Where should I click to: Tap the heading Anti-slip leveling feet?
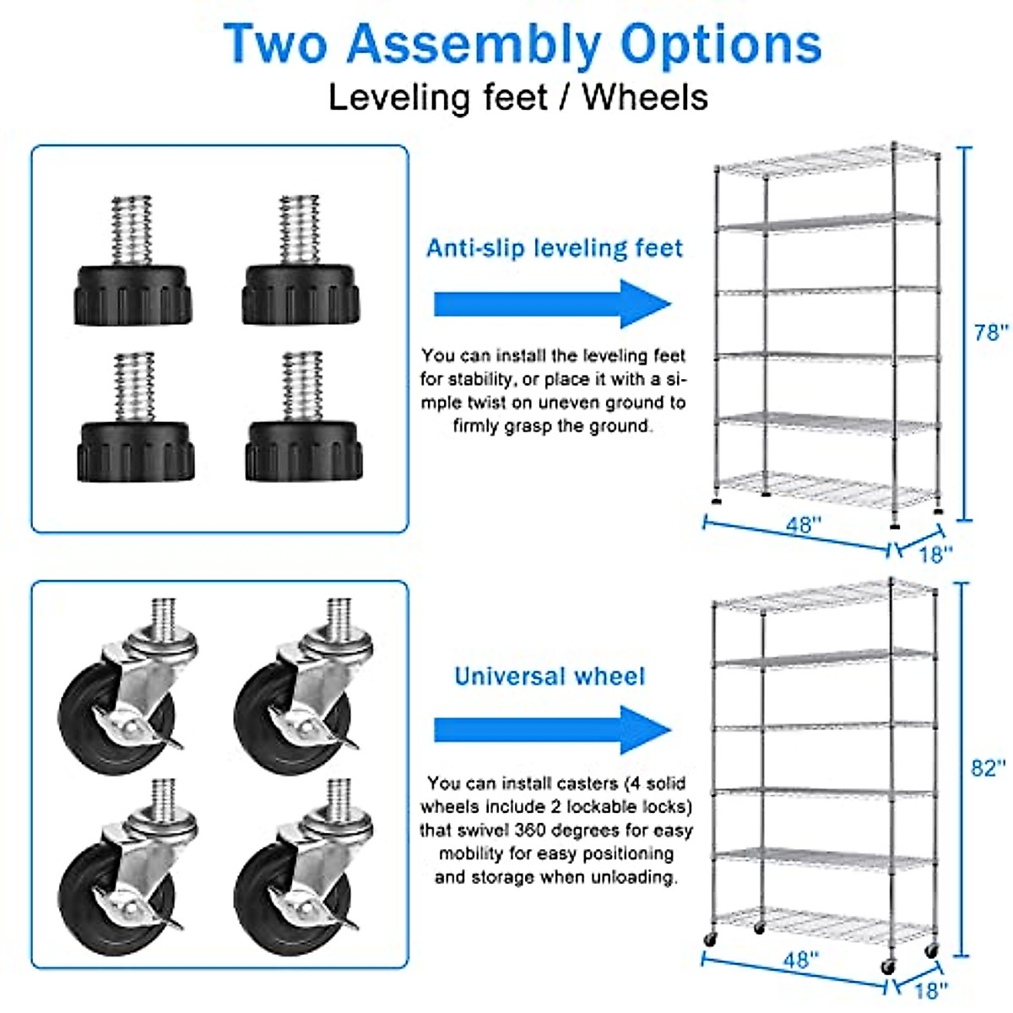pos(554,248)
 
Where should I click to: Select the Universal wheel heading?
pos(550,676)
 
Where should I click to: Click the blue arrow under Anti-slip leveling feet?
pos(552,304)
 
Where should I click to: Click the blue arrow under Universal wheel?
pos(552,730)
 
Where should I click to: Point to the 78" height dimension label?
pos(990,333)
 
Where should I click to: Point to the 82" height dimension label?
pos(988,768)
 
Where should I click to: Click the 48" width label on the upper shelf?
pos(803,525)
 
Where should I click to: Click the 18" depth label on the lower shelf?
pos(931,989)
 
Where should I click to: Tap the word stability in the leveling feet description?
pos(479,379)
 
